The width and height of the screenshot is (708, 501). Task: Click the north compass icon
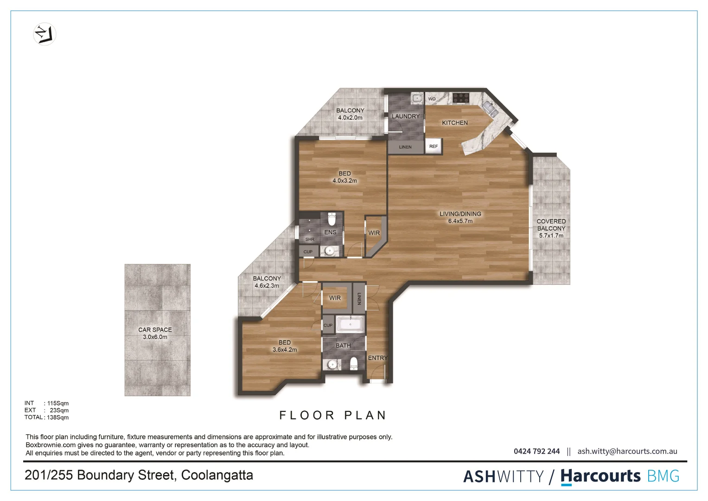(45, 34)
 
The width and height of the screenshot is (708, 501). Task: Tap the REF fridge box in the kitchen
(434, 147)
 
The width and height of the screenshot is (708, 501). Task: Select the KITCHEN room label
(454, 123)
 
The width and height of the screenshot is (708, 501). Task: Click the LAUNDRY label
(405, 116)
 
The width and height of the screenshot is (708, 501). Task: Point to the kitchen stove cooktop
(461, 98)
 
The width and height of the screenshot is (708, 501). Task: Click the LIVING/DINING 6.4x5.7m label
(460, 218)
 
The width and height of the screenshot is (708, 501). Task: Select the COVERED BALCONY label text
(551, 228)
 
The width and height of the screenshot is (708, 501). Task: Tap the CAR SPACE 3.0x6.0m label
(155, 333)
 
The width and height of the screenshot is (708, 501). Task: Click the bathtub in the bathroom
(351, 324)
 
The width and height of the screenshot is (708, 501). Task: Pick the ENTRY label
(377, 358)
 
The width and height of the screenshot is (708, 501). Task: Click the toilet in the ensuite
(332, 218)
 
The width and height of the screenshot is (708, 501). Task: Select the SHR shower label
(310, 239)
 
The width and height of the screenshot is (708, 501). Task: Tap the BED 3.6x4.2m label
(285, 346)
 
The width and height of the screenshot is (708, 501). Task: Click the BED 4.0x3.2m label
(344, 177)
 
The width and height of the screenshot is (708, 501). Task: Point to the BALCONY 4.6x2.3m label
(267, 282)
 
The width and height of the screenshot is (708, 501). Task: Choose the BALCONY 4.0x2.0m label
(350, 114)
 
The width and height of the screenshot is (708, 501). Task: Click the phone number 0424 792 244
(536, 451)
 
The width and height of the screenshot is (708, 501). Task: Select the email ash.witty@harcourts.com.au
(627, 451)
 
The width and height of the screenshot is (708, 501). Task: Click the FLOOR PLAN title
(332, 415)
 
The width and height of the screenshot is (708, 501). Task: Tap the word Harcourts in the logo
(600, 476)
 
